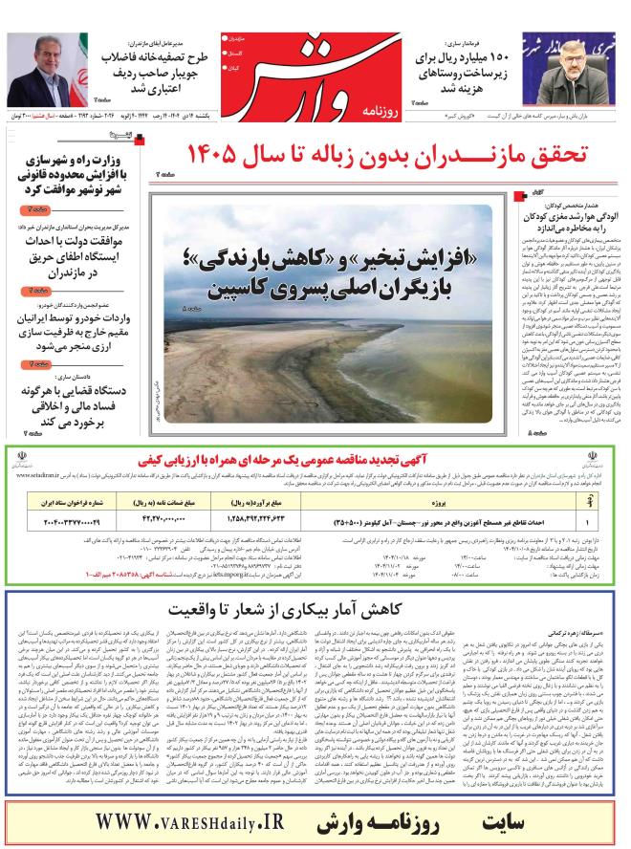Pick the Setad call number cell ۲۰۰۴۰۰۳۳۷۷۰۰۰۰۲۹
pos(72,520)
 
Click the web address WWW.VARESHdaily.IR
pos(210,821)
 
